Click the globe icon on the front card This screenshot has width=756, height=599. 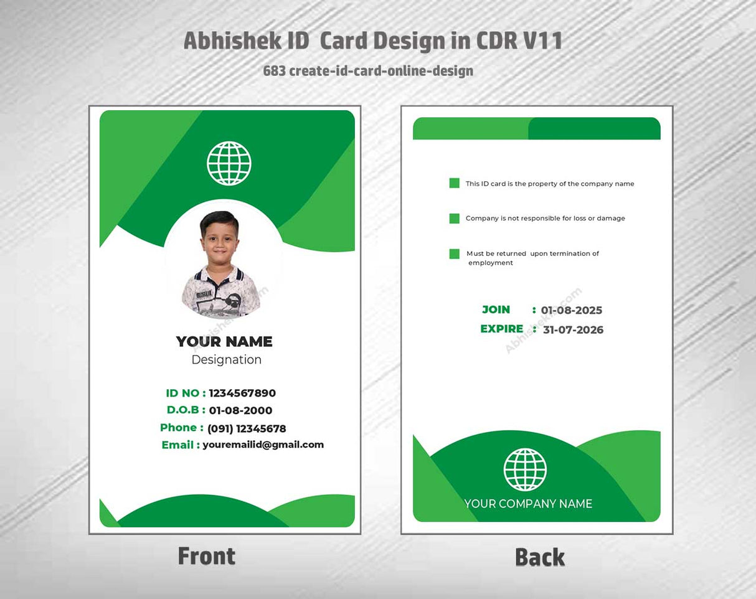click(229, 163)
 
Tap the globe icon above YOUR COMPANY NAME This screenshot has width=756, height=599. click(525, 469)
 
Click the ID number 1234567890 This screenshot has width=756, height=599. click(242, 393)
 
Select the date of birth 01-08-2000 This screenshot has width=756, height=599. click(240, 410)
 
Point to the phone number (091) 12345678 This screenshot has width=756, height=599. click(247, 428)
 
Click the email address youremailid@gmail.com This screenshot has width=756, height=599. click(263, 445)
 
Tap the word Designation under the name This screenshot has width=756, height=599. click(227, 360)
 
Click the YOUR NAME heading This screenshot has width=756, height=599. click(224, 341)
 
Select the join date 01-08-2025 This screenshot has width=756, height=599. click(571, 310)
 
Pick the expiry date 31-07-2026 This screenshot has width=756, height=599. click(573, 329)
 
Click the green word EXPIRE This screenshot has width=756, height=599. click(501, 329)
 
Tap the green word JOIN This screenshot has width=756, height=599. click(496, 309)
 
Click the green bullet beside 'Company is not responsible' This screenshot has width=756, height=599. click(455, 219)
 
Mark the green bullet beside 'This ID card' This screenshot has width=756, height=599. click(455, 183)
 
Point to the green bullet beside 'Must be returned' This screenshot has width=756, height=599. click(455, 254)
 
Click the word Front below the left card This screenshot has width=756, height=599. click(207, 556)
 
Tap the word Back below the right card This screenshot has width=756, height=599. click(540, 557)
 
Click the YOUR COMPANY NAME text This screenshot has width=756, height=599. click(528, 504)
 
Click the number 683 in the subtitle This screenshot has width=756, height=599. click(274, 71)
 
